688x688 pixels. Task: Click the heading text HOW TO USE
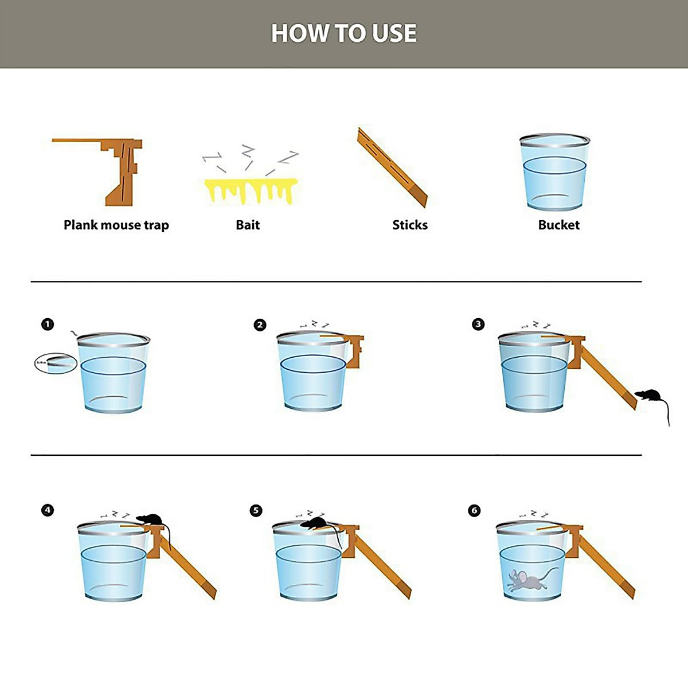coord(344,33)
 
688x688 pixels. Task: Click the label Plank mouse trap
coord(116,225)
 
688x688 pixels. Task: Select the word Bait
coord(248,225)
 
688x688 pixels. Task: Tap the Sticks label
coord(410,225)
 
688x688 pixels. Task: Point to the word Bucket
coord(558,225)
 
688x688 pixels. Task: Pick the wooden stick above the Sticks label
coord(392,167)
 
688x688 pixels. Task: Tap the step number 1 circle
coord(48,325)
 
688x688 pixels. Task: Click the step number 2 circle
coord(260,325)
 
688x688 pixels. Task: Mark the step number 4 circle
coord(48,510)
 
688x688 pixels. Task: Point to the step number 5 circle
coord(256,510)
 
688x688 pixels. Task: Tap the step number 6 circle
coord(474,510)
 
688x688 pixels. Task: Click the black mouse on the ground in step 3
coord(649,396)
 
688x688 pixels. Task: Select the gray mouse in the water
coord(527,580)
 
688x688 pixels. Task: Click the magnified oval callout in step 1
coord(55,363)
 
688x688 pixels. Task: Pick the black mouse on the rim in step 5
coord(313,522)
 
